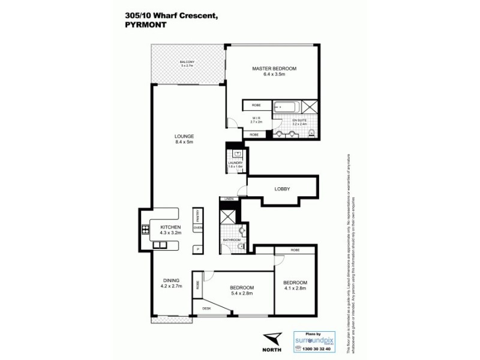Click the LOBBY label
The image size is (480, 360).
pos(283,189)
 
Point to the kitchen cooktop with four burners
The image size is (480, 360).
pos(145,228)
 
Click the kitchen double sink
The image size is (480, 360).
pos(160,245)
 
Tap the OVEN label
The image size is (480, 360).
pos(197,228)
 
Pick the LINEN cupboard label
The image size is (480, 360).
pos(228,199)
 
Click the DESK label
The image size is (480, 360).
pos(206,308)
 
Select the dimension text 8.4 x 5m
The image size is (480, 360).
pos(184,143)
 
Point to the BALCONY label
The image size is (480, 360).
pos(187,62)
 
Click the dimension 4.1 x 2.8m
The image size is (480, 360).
pos(295,289)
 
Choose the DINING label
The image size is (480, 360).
pos(172,280)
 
